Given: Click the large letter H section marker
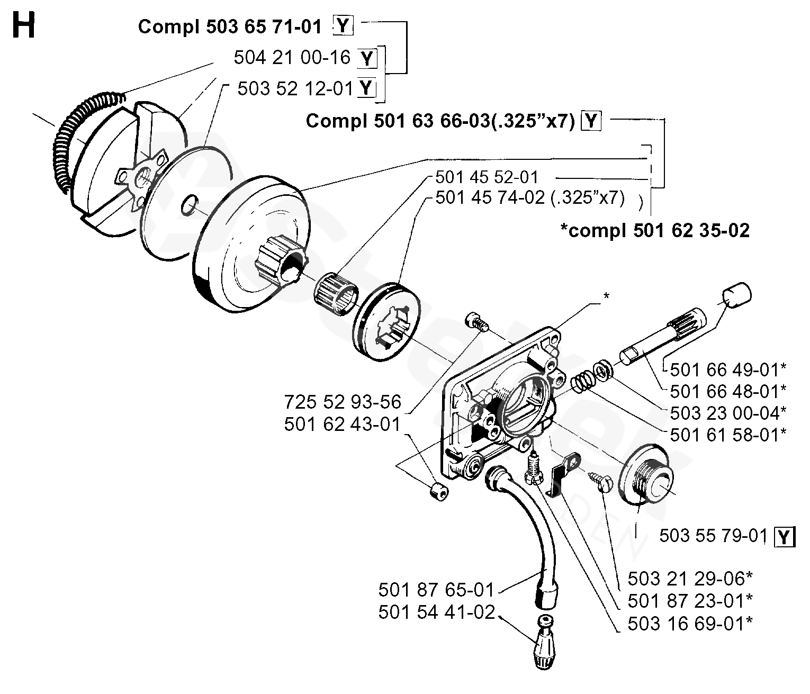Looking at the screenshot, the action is (x=23, y=25).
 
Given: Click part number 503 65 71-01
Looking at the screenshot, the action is (x=264, y=27).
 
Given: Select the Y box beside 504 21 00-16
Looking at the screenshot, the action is (x=367, y=58).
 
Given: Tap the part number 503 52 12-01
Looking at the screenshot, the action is (x=296, y=88).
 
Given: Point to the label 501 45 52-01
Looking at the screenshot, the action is (x=487, y=177).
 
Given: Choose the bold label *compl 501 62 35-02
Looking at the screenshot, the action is (x=655, y=230).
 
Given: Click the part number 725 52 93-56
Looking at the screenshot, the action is (x=343, y=402).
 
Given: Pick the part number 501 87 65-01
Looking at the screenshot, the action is (x=437, y=590).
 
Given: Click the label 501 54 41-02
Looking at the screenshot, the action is (x=437, y=612).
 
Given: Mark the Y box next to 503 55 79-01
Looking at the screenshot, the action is (x=785, y=537).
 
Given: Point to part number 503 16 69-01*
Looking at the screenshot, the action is (x=690, y=624).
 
